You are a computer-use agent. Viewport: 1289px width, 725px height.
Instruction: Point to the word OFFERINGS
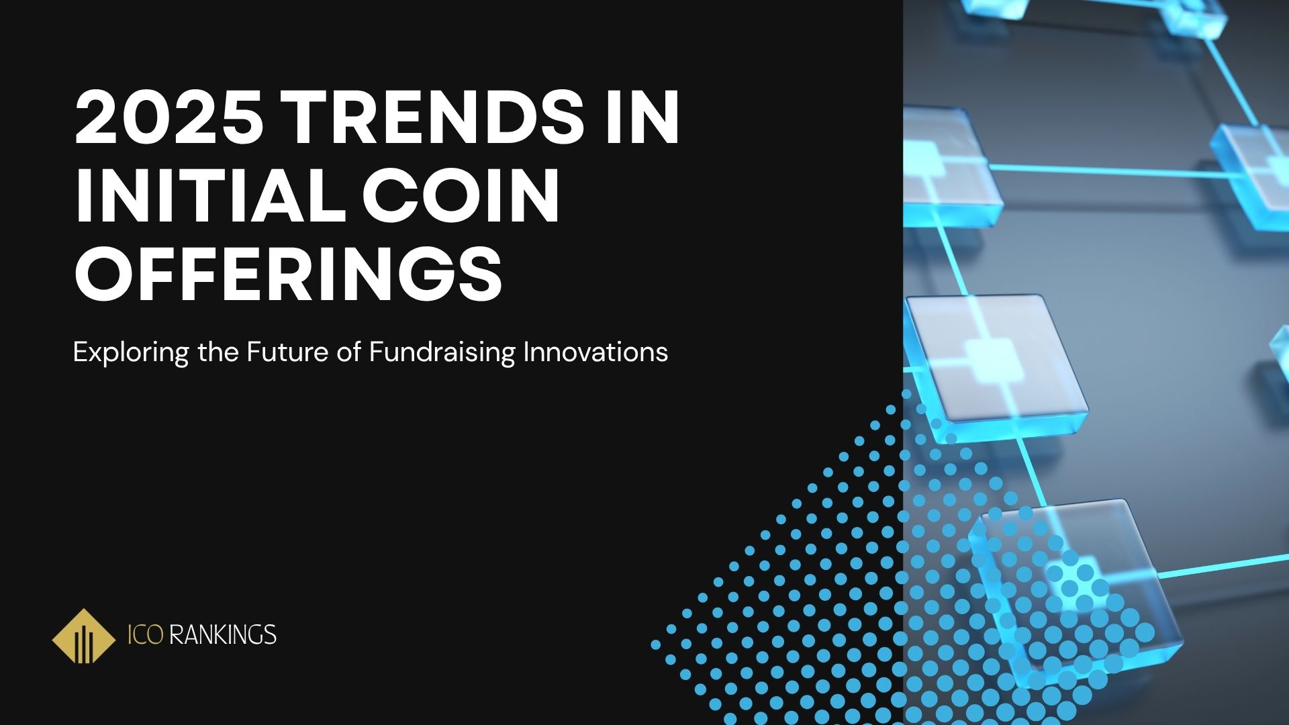point(288,275)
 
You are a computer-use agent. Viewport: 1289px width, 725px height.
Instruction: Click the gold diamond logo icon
point(83,636)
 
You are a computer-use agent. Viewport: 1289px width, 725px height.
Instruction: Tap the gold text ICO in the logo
point(145,634)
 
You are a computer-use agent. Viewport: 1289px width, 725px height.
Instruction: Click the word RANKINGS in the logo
point(223,634)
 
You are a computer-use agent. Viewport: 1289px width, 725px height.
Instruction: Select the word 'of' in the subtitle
point(349,352)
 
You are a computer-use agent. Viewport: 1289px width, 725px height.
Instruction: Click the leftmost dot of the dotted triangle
point(656,644)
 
